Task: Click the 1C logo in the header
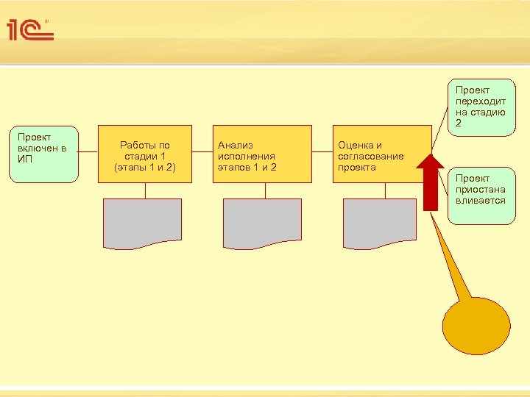30,29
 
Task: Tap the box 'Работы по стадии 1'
145,154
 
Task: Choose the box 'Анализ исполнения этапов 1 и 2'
262,154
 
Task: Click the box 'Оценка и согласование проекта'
382,154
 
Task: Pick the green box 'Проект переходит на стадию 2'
483,107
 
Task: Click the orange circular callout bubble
476,328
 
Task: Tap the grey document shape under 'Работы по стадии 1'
143,223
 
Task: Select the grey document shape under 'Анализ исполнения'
262,223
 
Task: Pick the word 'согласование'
370,157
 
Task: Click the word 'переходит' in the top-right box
480,101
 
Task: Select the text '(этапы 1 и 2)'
145,167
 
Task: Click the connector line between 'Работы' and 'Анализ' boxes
202,154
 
